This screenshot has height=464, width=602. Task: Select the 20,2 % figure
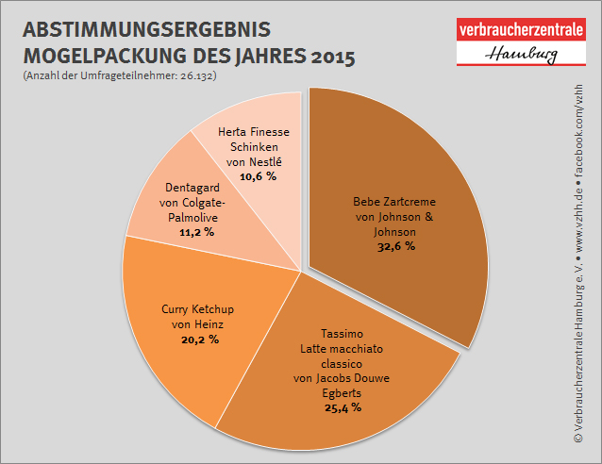tap(199, 339)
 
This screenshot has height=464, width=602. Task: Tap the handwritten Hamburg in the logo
tap(521, 55)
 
